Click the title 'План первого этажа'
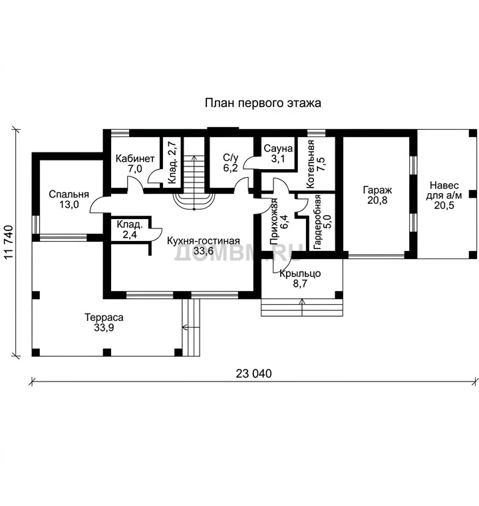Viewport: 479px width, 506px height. tap(263, 103)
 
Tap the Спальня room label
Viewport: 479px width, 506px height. tap(69, 194)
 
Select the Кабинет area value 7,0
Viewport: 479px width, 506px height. tap(135, 168)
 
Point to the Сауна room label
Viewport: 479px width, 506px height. tap(278, 148)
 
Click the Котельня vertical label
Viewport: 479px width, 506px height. tap(310, 164)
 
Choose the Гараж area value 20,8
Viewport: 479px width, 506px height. tap(377, 200)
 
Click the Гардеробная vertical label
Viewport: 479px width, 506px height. tap(317, 222)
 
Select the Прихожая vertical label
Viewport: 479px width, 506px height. tap(274, 222)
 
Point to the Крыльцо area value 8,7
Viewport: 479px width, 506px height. tap(300, 284)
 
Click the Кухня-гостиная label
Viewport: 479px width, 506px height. tap(203, 241)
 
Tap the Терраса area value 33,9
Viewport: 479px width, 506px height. tap(104, 328)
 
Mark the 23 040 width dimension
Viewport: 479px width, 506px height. tap(253, 374)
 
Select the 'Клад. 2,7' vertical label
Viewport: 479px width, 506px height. tap(172, 162)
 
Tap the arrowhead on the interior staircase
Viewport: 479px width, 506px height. tap(194, 158)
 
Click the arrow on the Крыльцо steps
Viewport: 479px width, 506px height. tap(302, 307)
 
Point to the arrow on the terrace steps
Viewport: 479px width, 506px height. tap(191, 328)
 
